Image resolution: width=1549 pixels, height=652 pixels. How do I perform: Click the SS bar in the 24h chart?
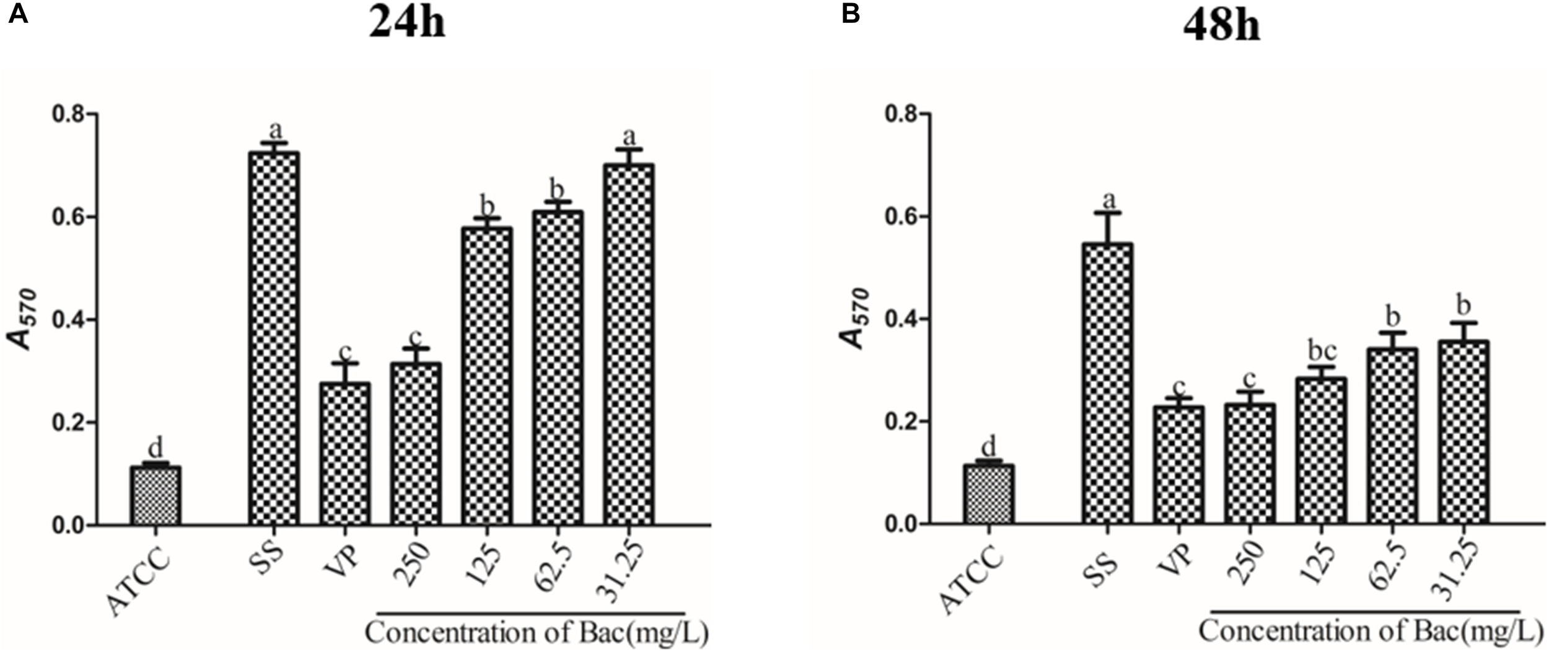274,338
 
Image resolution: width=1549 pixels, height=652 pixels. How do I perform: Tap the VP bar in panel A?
345,452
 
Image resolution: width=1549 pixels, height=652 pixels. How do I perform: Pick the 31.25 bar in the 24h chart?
628,344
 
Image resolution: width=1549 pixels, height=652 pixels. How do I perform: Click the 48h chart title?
1221,26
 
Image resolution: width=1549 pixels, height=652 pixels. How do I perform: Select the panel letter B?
851,14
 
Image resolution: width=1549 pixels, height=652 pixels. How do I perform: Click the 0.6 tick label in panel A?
69,217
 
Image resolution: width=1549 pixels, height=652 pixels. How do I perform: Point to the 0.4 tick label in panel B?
902,319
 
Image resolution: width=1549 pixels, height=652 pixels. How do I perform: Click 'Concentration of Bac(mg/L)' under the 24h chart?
537,633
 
